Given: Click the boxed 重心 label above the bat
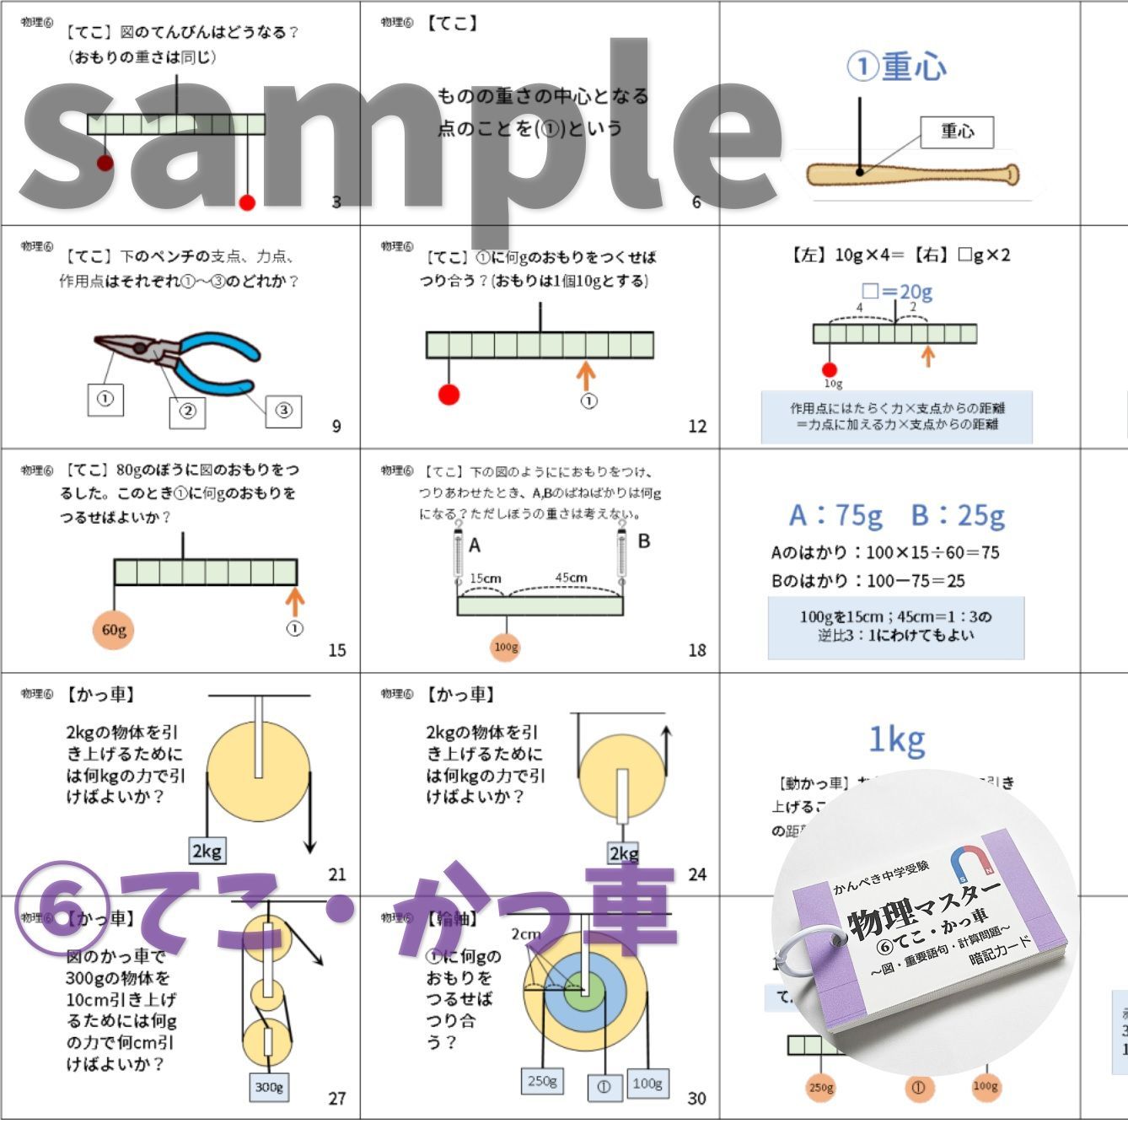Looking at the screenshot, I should (x=957, y=132).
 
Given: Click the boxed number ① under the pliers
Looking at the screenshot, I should (x=105, y=399).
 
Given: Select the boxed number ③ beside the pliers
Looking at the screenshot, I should (x=283, y=411).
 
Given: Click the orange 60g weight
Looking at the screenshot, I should (x=114, y=630).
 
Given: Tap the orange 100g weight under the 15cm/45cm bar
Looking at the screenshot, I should (x=506, y=647).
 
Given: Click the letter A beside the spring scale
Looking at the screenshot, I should (x=475, y=546).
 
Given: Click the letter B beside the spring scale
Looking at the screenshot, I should (x=644, y=541).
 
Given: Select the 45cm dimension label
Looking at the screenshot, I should (x=571, y=578).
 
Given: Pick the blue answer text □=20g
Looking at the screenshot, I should (x=897, y=292).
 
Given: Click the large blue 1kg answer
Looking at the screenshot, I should (x=896, y=740).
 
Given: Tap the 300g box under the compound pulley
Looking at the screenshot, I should (x=269, y=1087).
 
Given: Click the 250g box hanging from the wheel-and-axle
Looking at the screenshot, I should (x=542, y=1081).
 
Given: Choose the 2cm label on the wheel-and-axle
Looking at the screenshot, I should (x=525, y=934).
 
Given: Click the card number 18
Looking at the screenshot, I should (x=696, y=650).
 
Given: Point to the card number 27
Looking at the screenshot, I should (x=337, y=1098).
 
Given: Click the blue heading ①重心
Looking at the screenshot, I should (x=896, y=67).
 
